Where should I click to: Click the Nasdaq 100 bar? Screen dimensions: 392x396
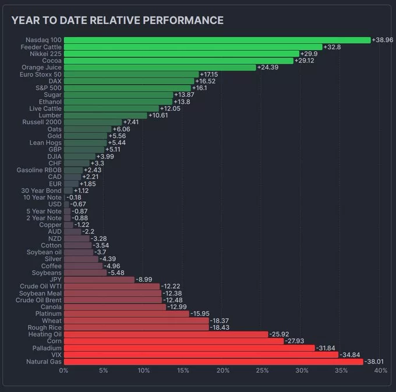pos(217,40)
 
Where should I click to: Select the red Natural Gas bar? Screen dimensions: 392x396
pos(213,362)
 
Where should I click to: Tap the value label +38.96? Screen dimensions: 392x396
pos(383,40)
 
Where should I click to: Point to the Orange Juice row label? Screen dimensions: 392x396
pos(42,68)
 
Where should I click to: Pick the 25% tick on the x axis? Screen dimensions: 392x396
pos(262,370)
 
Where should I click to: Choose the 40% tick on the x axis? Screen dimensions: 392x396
pos(381,370)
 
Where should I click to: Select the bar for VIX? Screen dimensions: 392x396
pos(201,355)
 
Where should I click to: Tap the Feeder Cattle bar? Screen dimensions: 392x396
pos(193,47)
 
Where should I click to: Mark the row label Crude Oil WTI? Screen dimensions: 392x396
pos(41,286)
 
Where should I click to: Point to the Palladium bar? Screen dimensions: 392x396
pos(189,348)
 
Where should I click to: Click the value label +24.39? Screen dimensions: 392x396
pos(268,68)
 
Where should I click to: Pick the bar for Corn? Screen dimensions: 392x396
pos(174,341)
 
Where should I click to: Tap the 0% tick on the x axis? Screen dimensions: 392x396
pos(64,370)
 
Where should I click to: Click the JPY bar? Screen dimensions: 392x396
pos(99,279)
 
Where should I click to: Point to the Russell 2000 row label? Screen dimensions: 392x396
pos(42,123)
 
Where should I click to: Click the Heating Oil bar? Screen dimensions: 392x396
pos(166,334)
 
